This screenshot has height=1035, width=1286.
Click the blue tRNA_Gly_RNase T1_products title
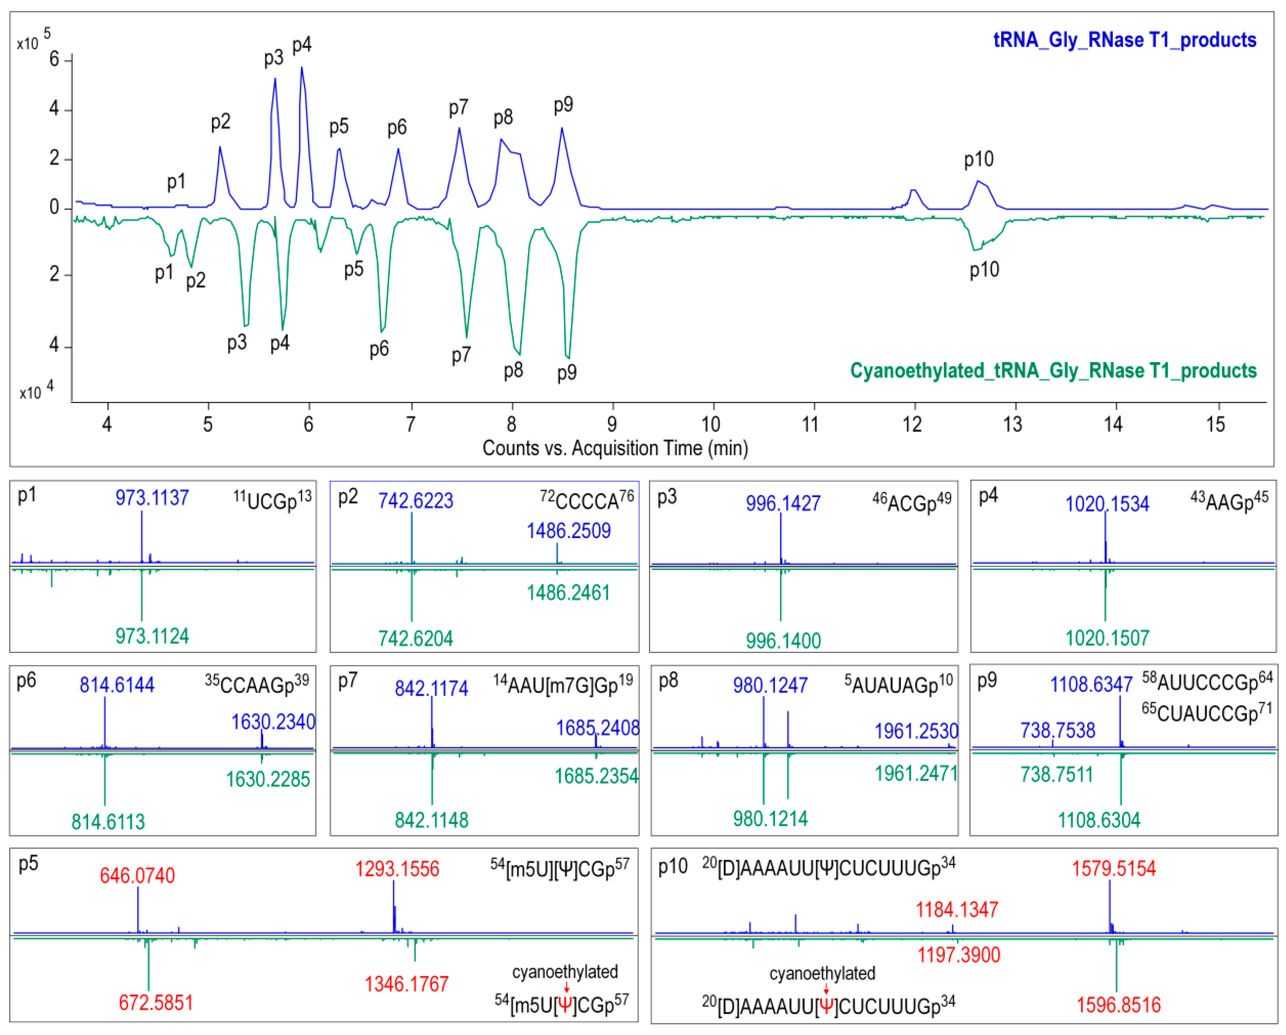point(1124,40)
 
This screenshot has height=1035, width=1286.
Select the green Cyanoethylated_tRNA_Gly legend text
point(1053,370)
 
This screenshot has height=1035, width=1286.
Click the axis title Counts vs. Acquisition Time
point(615,448)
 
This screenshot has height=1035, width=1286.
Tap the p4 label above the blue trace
point(302,45)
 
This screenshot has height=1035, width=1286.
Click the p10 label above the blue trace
point(979,159)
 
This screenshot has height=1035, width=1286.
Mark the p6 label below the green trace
point(379,349)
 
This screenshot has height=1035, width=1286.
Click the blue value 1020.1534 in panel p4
point(1107,504)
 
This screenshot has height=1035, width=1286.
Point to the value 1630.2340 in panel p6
point(273,722)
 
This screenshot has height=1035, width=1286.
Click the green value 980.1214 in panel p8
point(770,818)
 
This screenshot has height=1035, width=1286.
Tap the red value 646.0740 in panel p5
point(137,875)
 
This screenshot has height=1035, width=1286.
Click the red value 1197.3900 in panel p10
point(958,955)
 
